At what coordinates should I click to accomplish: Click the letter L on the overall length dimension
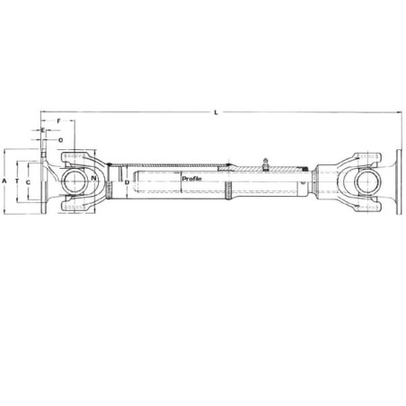pyautogui.click(x=216, y=112)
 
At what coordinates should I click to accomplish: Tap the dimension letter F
pyautogui.click(x=58, y=121)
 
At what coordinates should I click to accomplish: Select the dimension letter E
pyautogui.click(x=43, y=130)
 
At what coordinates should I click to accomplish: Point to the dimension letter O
pyautogui.click(x=61, y=140)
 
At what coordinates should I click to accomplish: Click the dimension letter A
pyautogui.click(x=4, y=181)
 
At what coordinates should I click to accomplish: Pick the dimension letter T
pyautogui.click(x=17, y=181)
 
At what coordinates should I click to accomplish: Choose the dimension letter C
pyautogui.click(x=28, y=182)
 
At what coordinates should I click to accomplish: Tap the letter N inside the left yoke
pyautogui.click(x=94, y=178)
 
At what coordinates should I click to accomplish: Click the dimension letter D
pyautogui.click(x=127, y=182)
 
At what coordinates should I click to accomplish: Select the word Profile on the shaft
pyautogui.click(x=192, y=179)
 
